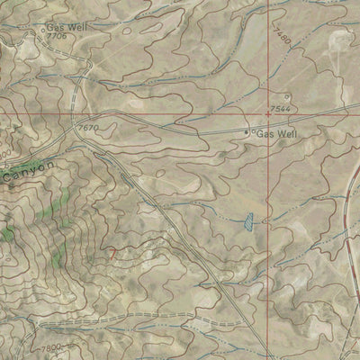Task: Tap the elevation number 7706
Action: coord(57,37)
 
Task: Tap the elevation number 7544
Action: coord(281,109)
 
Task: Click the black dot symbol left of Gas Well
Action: coord(249,133)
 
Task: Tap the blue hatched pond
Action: coord(244,219)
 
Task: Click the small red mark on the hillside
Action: coord(112,255)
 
